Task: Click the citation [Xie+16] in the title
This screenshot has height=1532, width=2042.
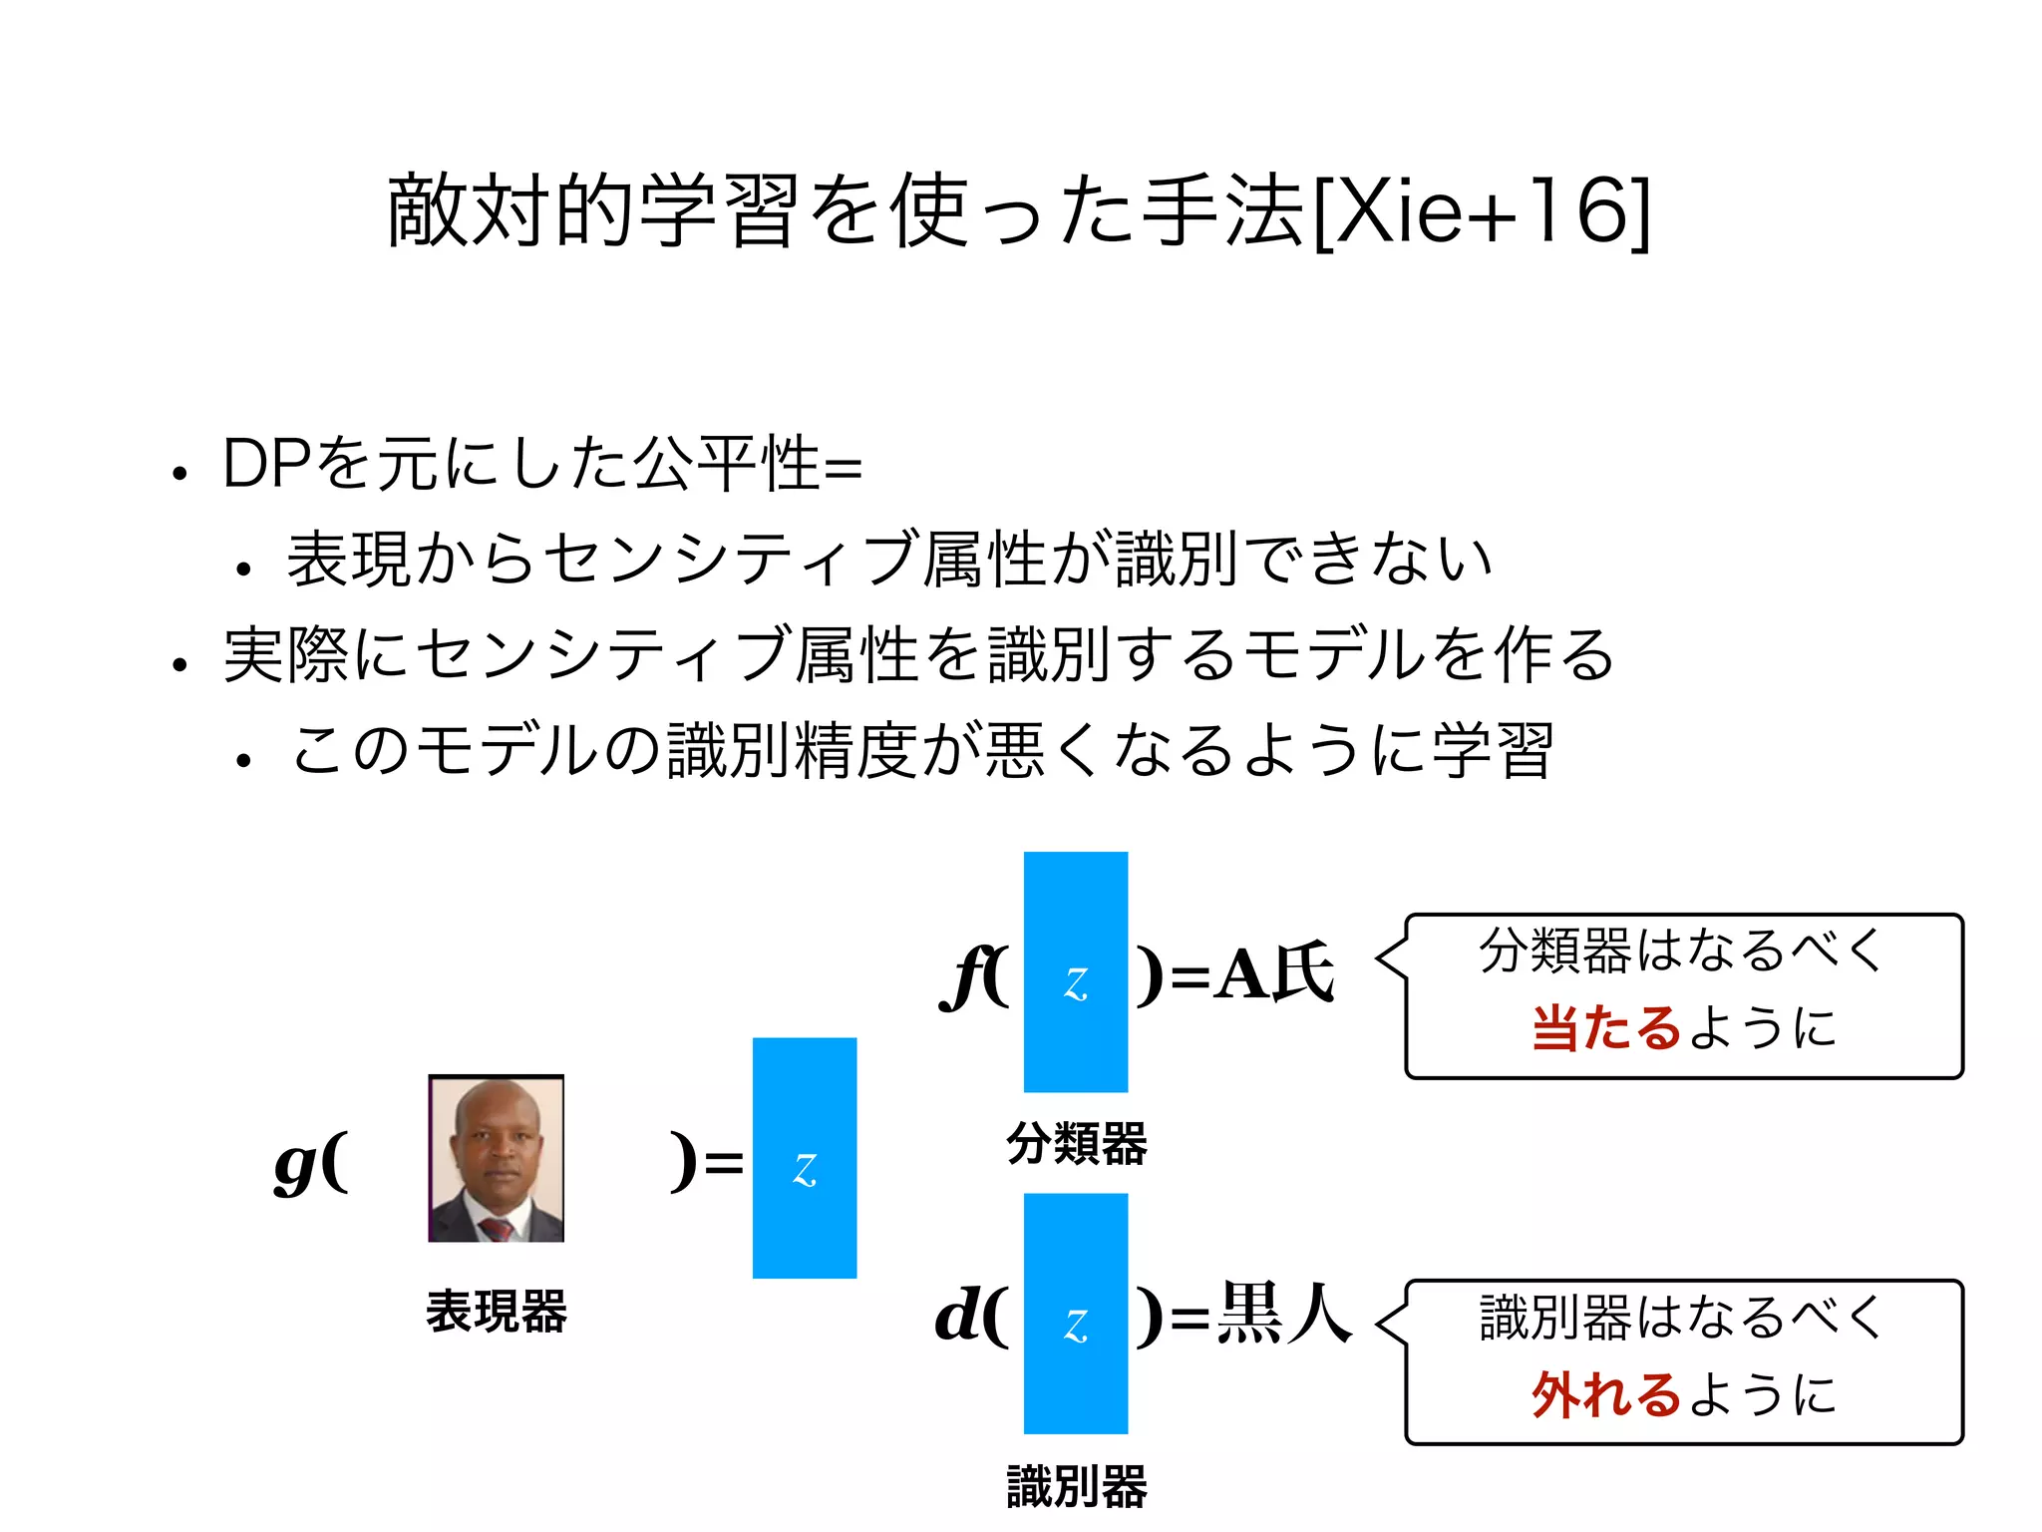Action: pyautogui.click(x=1482, y=211)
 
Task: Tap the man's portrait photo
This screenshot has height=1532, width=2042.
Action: pyautogui.click(x=496, y=1158)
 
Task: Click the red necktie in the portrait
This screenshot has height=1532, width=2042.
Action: pyautogui.click(x=496, y=1227)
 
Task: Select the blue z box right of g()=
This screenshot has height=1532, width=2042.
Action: pyautogui.click(x=805, y=1158)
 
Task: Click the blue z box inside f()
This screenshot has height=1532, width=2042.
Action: pyautogui.click(x=1076, y=972)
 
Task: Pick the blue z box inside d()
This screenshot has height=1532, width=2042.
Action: pyautogui.click(x=1076, y=1314)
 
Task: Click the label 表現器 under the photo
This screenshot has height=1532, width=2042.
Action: pyautogui.click(x=496, y=1312)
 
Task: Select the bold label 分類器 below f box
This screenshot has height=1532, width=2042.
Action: pyautogui.click(x=1077, y=1143)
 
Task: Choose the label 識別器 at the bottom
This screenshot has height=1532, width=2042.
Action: pyautogui.click(x=1077, y=1487)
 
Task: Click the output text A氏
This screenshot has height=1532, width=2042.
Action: pyautogui.click(x=1273, y=974)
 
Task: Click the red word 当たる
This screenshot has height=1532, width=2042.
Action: pyautogui.click(x=1607, y=1028)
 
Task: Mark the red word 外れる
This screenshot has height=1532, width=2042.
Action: pyautogui.click(x=1607, y=1395)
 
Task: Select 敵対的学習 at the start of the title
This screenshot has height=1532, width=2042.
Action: pyautogui.click(x=594, y=211)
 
